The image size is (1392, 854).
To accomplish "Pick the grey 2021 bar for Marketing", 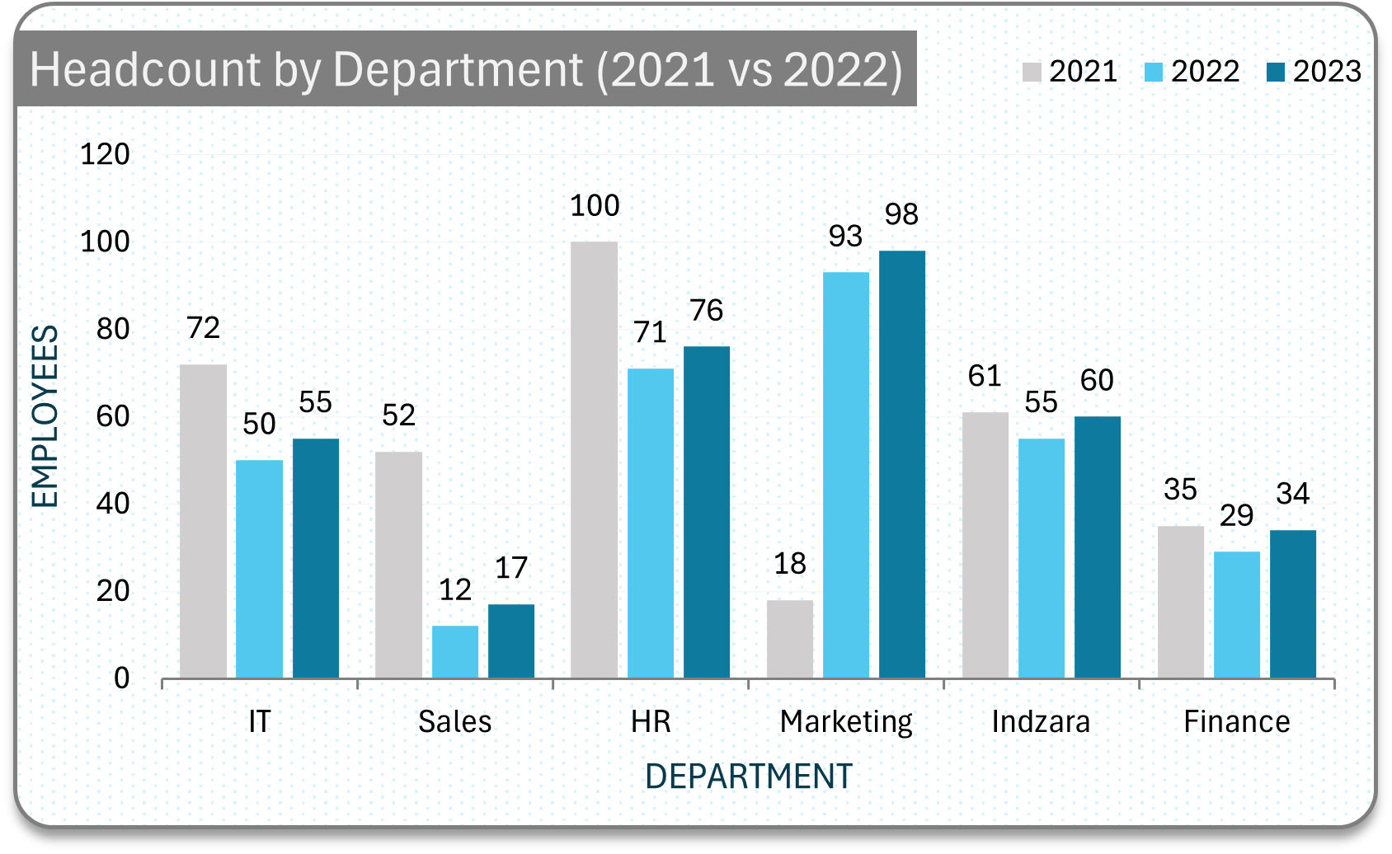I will tap(789, 639).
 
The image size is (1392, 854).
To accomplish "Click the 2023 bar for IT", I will tap(315, 558).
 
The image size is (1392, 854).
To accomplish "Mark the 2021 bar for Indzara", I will tap(985, 545).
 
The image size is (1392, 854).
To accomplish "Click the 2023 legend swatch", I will tap(1275, 73).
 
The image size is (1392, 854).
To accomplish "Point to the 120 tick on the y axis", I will tap(105, 154).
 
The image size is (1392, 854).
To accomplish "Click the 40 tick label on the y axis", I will tap(113, 504).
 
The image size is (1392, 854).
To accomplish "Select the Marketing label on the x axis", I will tap(846, 722).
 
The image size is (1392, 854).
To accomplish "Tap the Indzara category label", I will tap(1041, 722).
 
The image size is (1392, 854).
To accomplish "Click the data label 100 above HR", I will tap(595, 206).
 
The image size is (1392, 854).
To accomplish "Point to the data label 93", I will tap(845, 237).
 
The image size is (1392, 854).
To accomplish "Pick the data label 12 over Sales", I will tap(454, 590).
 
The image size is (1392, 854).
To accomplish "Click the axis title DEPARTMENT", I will tap(748, 777).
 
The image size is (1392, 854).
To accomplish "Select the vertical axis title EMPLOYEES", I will tap(45, 416).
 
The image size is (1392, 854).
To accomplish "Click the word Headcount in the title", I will tap(145, 69).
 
